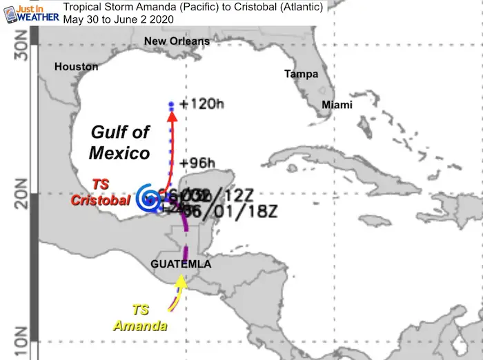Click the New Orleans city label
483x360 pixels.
pyautogui.click(x=176, y=41)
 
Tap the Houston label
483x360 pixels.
pyautogui.click(x=77, y=67)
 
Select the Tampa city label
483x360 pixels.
pyautogui.click(x=301, y=74)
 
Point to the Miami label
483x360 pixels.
pyautogui.click(x=337, y=105)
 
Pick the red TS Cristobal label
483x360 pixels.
pyautogui.click(x=99, y=192)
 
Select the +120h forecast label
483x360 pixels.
pyautogui.click(x=202, y=104)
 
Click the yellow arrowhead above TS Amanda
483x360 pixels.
pyautogui.click(x=181, y=280)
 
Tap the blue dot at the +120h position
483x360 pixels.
pyautogui.click(x=171, y=104)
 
